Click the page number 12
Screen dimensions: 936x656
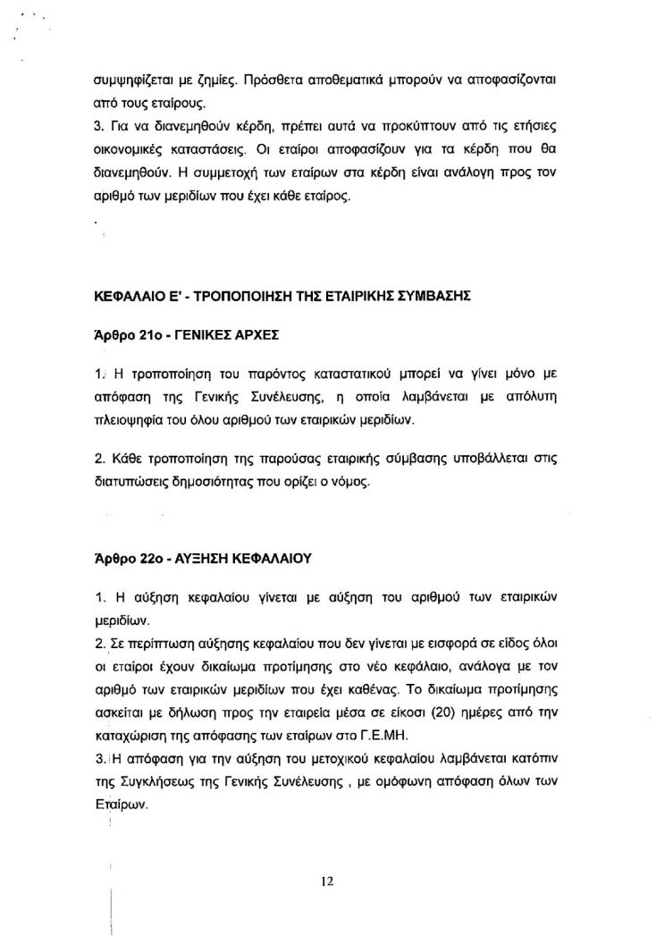click(326, 881)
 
